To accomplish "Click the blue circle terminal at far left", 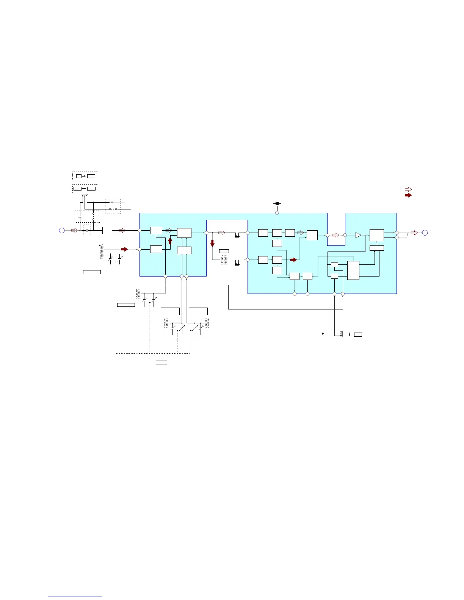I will pos(62,230).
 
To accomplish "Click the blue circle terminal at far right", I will pos(425,233).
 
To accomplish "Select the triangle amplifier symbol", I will pos(358,235).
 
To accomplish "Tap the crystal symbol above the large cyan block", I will pos(277,204).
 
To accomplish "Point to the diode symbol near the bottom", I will pos(323,334).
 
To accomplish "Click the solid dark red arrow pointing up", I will pos(170,241).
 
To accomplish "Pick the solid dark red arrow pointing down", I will pos(212,243).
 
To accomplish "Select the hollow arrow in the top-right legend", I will pos(408,189).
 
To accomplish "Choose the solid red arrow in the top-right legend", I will pos(408,195).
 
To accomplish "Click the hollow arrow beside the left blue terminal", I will pos(74,230).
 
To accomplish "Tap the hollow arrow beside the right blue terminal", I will pos(414,233).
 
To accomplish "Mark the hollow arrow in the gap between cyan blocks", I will pos(336,235).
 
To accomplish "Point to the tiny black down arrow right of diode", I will pos(348,334).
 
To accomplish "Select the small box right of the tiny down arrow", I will pos(358,334).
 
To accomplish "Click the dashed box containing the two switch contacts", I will pos(113,206).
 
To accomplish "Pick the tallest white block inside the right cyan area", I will pos(353,270).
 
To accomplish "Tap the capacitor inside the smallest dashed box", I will pos(87,230).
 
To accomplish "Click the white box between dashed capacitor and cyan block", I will pos(107,230).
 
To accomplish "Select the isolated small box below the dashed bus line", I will pos(161,362).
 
